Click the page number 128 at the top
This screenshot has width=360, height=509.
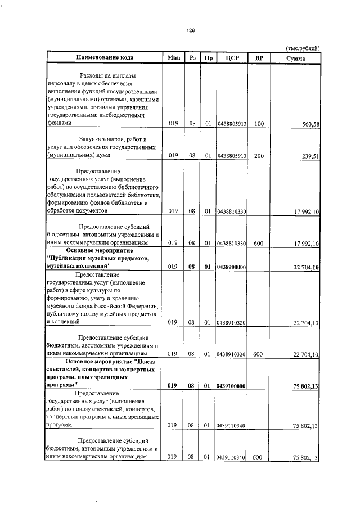(190, 30)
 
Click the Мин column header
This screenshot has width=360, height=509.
(173, 58)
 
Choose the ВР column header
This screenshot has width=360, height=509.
(259, 58)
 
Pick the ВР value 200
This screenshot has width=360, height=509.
(259, 156)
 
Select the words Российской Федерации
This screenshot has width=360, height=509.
(125, 306)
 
